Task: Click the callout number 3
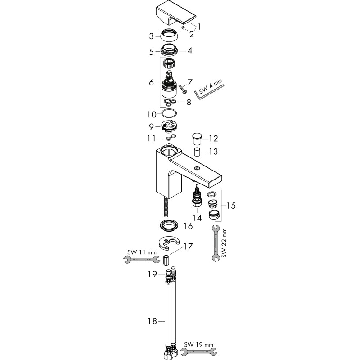[151, 36]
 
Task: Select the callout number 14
[197, 218]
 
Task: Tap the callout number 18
[153, 321]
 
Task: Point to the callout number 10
[152, 114]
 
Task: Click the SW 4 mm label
[211, 86]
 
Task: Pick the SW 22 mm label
[224, 243]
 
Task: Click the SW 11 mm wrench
[142, 260]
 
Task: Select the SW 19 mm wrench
[198, 351]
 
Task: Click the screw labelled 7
[183, 89]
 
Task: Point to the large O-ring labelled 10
[169, 113]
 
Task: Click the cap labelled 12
[197, 139]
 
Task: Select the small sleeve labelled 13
[197, 152]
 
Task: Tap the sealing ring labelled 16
[169, 226]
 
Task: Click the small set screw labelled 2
[183, 28]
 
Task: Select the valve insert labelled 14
[197, 195]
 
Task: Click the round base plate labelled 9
[169, 127]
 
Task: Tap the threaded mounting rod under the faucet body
[166, 207]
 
